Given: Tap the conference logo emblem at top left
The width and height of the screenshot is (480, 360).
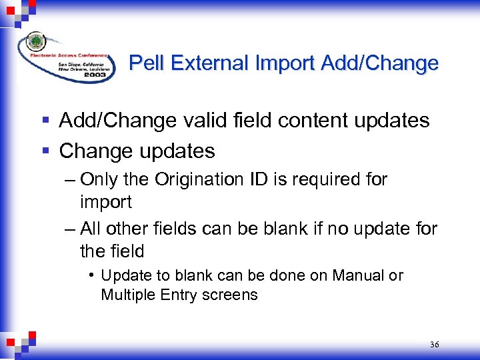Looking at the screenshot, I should (35, 43).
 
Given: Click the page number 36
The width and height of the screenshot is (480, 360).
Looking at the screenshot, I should (435, 345).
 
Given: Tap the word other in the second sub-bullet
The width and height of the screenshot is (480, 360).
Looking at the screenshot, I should (127, 229).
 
